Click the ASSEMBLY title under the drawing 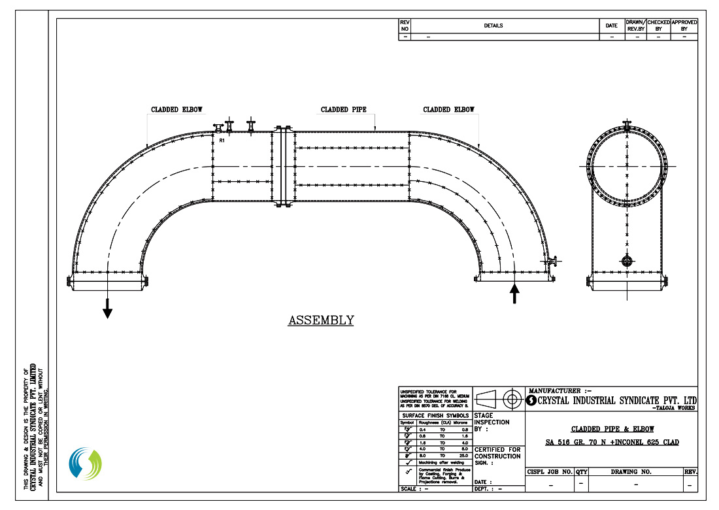pyautogui.click(x=321, y=320)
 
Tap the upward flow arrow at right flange pyautogui.click(x=514, y=294)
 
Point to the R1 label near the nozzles pyautogui.click(x=222, y=140)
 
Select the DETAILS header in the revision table pyautogui.click(x=493, y=26)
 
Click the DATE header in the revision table pyautogui.click(x=611, y=26)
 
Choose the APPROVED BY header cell pyautogui.click(x=684, y=25)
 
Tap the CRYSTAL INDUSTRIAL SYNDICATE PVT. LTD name pyautogui.click(x=616, y=400)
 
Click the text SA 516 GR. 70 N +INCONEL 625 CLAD pyautogui.click(x=612, y=443)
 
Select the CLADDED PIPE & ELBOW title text pyautogui.click(x=612, y=430)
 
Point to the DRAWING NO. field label pyautogui.click(x=635, y=471)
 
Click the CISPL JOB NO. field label pyautogui.click(x=550, y=471)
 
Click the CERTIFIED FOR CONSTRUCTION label pyautogui.click(x=498, y=454)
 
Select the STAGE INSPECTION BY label pyautogui.click(x=492, y=422)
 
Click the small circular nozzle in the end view pyautogui.click(x=627, y=262)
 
